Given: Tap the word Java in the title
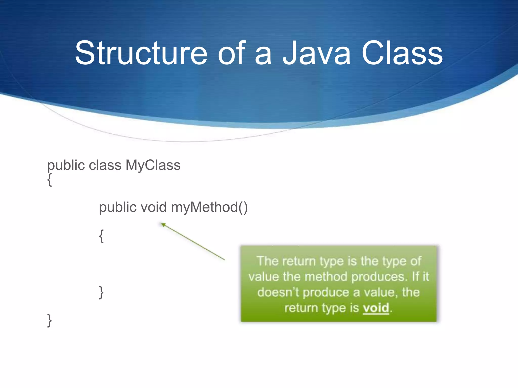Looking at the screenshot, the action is tap(317, 53).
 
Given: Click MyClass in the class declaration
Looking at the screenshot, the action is tap(153, 165).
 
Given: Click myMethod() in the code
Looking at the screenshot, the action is tap(209, 207).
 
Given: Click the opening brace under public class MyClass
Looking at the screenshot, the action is tap(50, 180).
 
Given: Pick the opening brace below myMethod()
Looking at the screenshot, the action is tap(101, 236).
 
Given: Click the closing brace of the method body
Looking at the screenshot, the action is tap(101, 292).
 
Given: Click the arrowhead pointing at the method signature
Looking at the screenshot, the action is tap(163, 224).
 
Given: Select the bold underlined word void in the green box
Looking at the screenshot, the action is tap(376, 308).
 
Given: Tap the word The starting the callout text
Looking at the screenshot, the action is tap(268, 261).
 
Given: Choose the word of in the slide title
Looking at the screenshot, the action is tap(232, 53).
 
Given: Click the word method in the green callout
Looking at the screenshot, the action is tap(326, 277).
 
